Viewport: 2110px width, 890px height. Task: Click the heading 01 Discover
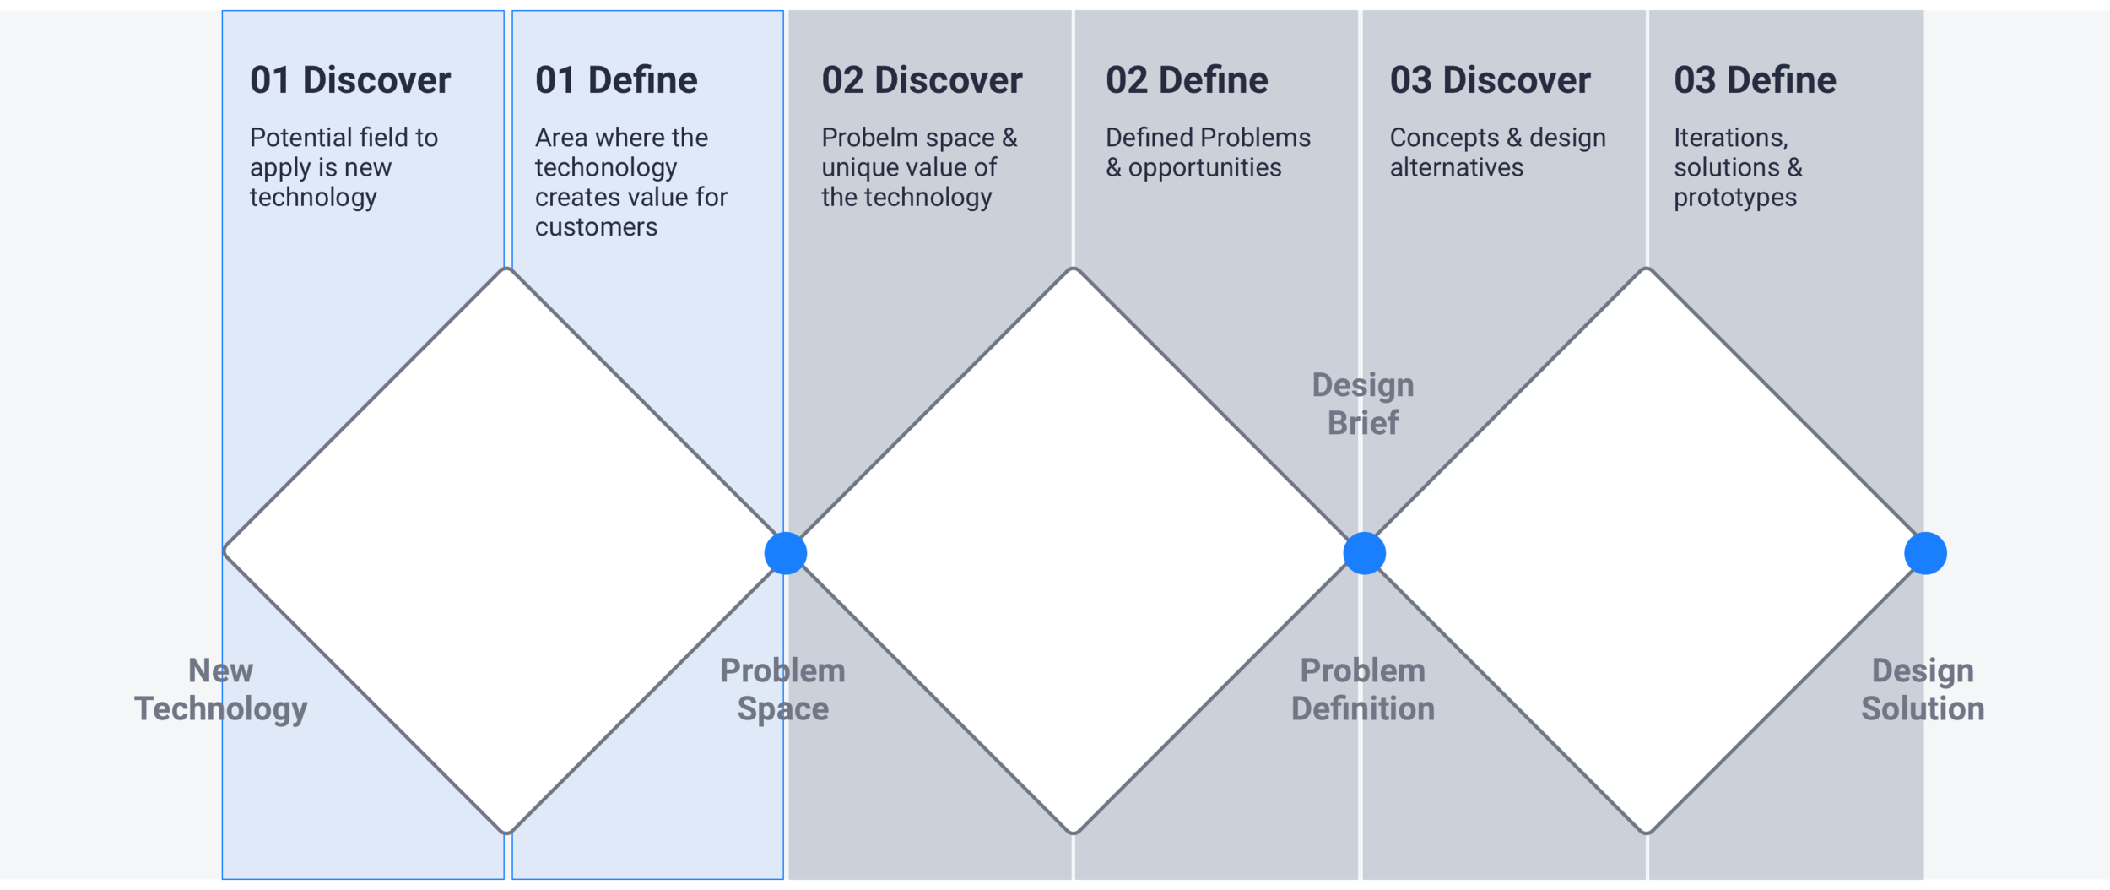click(350, 80)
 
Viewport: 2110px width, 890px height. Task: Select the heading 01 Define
click(616, 80)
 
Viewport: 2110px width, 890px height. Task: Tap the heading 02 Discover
click(922, 80)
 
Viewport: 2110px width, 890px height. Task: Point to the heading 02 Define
click(1187, 80)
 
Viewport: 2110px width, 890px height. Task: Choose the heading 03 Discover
click(1490, 80)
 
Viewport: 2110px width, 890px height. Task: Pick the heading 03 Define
click(1755, 80)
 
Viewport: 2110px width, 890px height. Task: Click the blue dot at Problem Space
click(786, 553)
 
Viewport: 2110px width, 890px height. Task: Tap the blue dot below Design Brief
click(1364, 553)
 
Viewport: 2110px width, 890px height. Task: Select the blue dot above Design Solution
click(1925, 553)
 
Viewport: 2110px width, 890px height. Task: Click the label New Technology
click(221, 689)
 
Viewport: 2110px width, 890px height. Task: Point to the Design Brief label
click(1362, 404)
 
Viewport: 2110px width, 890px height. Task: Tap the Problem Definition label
click(1362, 689)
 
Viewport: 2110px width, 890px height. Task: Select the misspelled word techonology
click(606, 168)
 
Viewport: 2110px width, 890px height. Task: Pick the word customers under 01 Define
click(596, 227)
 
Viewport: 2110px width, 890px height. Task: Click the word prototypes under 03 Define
click(1735, 198)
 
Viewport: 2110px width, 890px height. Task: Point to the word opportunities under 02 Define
click(1204, 168)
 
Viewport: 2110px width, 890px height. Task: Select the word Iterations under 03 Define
click(1730, 138)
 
